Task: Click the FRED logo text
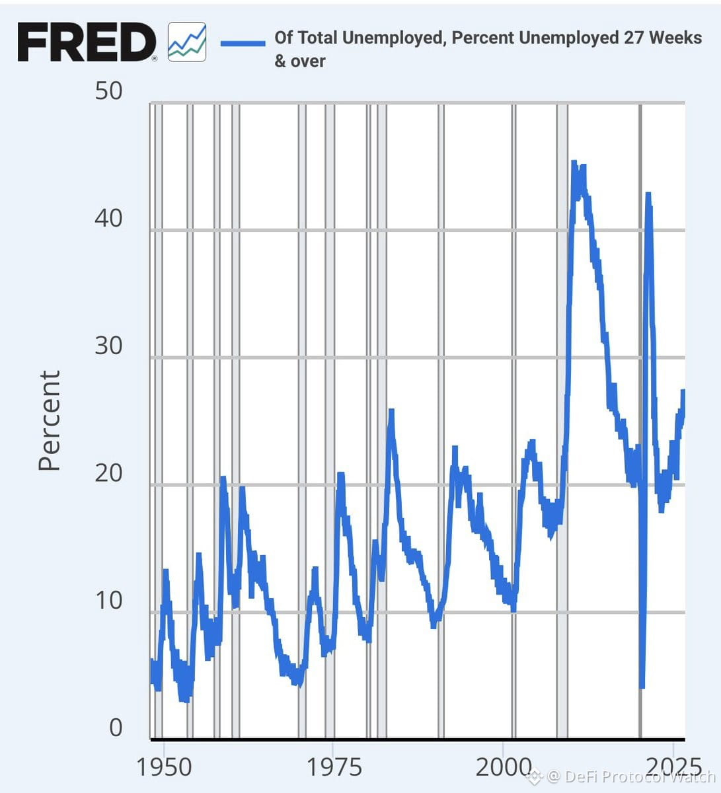(87, 42)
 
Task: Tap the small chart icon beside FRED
(187, 42)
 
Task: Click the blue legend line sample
(243, 44)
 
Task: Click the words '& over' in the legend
(300, 61)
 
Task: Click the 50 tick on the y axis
(108, 91)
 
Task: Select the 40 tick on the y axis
(108, 218)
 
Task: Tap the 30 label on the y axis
(108, 346)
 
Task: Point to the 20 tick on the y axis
(108, 472)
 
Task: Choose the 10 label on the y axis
(109, 600)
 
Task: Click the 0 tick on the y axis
(116, 728)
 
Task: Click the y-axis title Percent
(50, 420)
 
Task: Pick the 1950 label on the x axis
(164, 767)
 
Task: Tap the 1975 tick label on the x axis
(334, 767)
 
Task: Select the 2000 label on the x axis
(503, 767)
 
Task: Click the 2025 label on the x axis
(673, 767)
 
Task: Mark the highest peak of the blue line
(574, 162)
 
